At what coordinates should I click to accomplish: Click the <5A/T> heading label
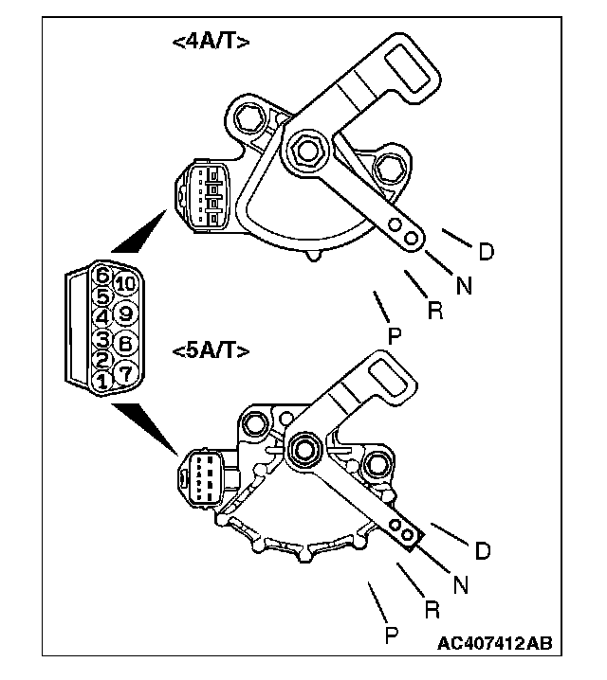click(212, 351)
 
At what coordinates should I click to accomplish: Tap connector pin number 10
click(125, 283)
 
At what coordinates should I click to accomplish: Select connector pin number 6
click(101, 277)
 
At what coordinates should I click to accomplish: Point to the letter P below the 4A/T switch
click(393, 335)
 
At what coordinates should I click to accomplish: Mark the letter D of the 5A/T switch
click(483, 550)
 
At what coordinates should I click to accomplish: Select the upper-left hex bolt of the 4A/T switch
click(253, 119)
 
